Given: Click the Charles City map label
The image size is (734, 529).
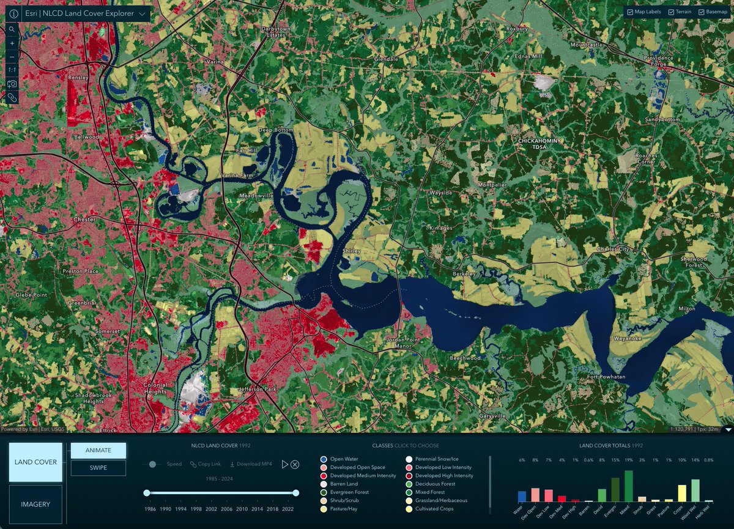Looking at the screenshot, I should pos(612,249).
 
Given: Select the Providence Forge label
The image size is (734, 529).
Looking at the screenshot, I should pos(658,62).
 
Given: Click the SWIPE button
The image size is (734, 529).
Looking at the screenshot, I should pos(98,468).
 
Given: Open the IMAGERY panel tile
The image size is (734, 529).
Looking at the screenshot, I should pos(35,504).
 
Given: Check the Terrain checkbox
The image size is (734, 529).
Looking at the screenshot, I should pos(672,12).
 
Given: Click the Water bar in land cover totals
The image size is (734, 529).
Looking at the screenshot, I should pos(522,496).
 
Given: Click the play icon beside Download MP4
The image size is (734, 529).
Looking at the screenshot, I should pos(285,464).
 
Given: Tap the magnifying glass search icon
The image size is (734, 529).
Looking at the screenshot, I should pos(12,29).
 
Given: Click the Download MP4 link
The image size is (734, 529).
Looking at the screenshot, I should pos(251,464).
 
